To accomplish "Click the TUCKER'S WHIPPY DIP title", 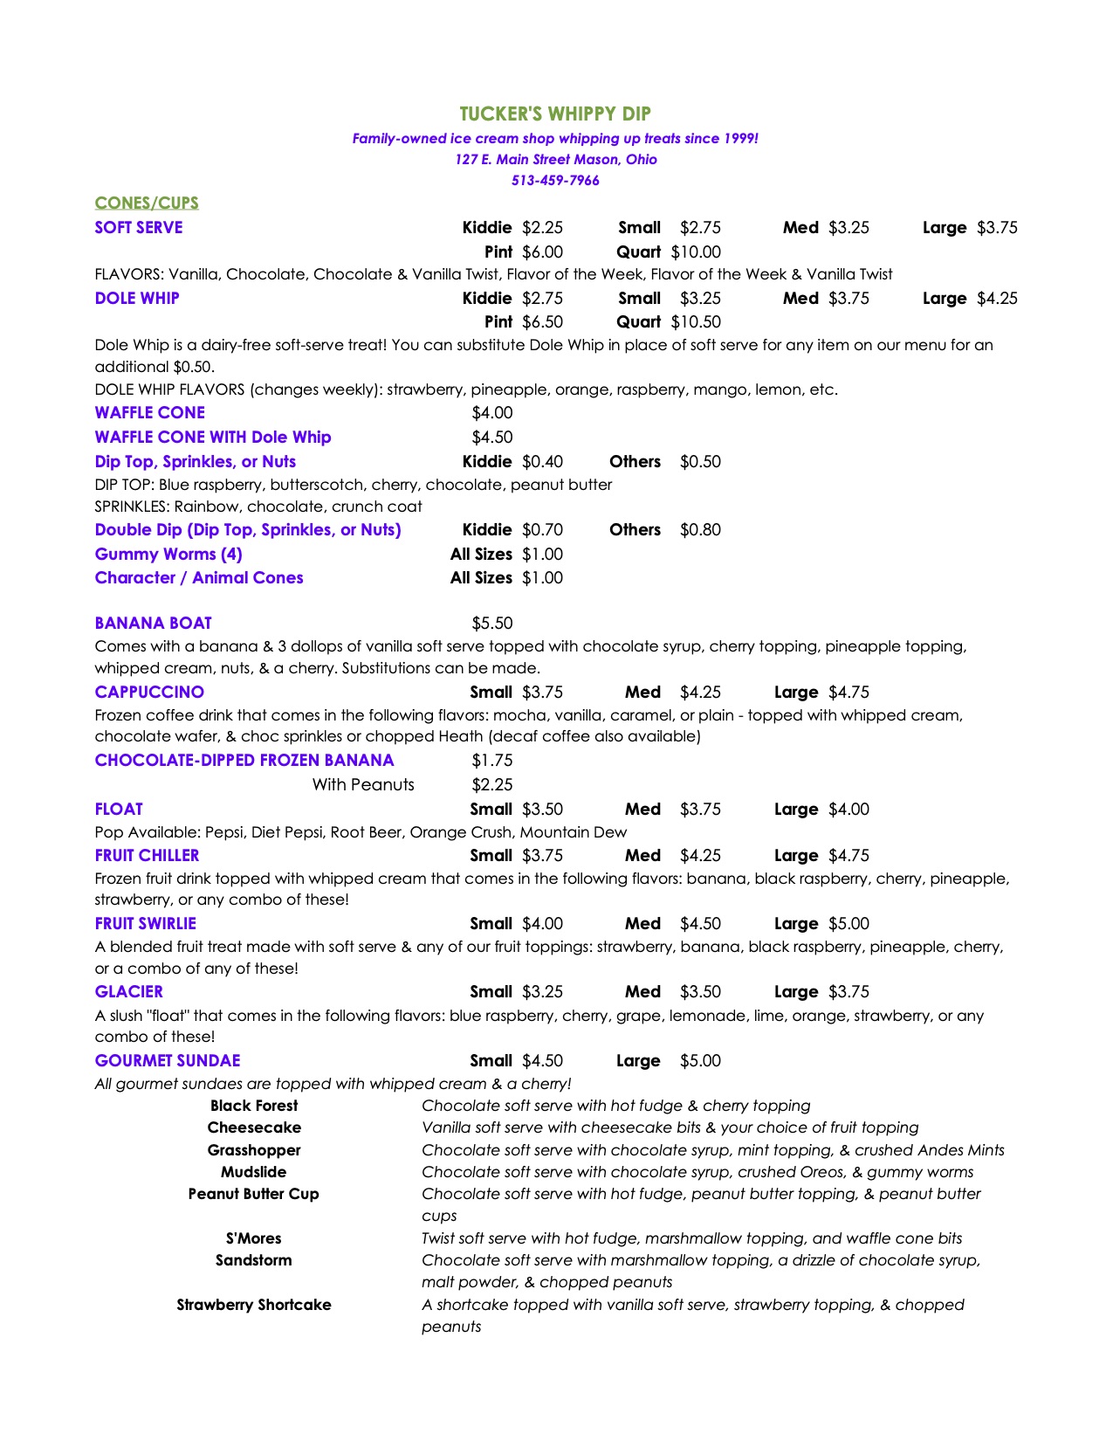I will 555,114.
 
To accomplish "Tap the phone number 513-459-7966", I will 555,181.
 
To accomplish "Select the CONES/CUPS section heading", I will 147,203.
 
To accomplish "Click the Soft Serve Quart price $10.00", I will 696,252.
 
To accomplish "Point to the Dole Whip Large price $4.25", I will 997,299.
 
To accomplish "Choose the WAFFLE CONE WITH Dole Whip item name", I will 213,438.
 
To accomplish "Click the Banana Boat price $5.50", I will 492,624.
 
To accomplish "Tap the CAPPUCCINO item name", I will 149,693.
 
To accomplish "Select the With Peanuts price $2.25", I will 492,785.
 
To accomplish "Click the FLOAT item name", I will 119,810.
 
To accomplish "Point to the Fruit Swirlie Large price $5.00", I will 848,924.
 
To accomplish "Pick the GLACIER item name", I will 129,992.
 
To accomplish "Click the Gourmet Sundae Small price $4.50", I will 542,1061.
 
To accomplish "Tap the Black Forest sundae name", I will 254,1106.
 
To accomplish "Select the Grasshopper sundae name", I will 254,1150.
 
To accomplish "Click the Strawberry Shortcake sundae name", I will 254,1305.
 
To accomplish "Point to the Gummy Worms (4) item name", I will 168,555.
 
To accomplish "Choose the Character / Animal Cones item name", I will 199,578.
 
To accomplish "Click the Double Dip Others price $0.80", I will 700,530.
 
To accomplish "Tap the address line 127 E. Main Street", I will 555,160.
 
